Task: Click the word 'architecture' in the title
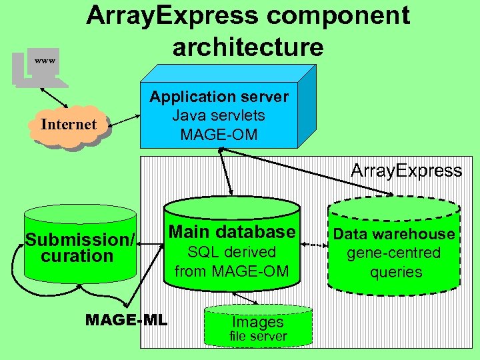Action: [x=247, y=47]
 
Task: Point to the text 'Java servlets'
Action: [x=219, y=115]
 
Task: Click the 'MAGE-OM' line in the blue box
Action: [x=219, y=134]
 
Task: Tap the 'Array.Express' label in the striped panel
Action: [x=406, y=171]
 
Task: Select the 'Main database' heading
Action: [x=231, y=232]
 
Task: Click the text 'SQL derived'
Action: [x=231, y=252]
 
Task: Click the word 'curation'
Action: [x=77, y=256]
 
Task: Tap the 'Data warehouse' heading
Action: [x=394, y=234]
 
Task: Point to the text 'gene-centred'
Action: [x=394, y=253]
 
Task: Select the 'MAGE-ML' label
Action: [x=127, y=320]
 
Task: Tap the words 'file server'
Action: [x=257, y=337]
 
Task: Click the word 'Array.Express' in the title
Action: [x=173, y=15]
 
